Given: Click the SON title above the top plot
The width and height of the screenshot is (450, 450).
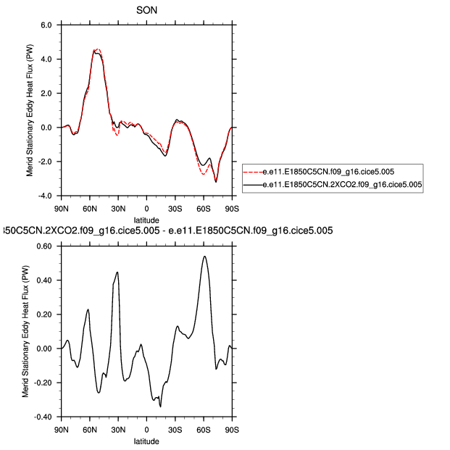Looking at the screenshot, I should [146, 10].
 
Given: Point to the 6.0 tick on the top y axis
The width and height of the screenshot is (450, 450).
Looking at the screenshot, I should [46, 25].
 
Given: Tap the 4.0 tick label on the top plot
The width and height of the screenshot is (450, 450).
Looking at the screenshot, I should [46, 59].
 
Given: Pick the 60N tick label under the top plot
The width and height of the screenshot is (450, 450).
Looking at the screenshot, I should [90, 209].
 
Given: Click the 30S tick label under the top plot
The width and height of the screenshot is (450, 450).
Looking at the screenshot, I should [175, 209].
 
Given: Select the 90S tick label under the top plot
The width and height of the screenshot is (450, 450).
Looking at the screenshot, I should [231, 209].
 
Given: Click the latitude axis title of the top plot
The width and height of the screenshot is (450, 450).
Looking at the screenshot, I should [146, 220].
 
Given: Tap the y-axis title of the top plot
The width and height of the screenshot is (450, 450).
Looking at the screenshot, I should [28, 110].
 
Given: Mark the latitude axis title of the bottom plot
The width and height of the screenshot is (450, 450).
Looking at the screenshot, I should [146, 441].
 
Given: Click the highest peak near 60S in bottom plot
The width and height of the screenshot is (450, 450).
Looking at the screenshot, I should [205, 256].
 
